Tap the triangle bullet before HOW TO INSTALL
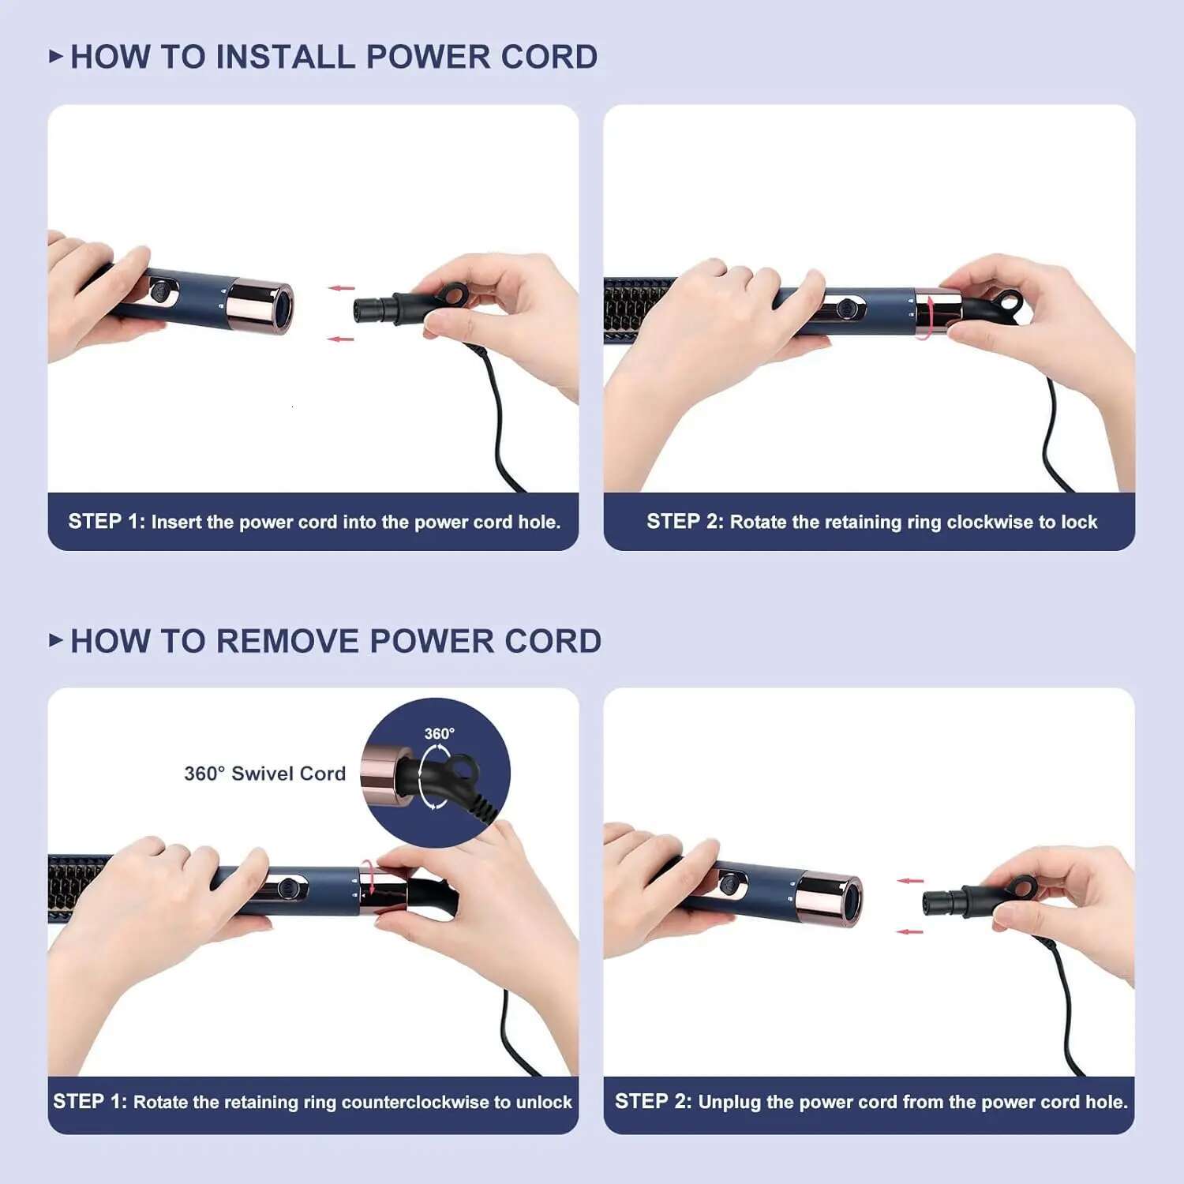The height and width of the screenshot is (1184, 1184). click(55, 56)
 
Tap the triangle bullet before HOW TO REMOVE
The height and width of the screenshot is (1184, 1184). click(55, 640)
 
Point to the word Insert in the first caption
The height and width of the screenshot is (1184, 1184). click(176, 522)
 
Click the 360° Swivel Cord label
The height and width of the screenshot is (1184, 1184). click(264, 774)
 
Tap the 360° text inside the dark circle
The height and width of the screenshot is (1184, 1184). click(439, 733)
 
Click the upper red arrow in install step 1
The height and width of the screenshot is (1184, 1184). click(342, 288)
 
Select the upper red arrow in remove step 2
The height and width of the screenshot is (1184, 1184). click(910, 881)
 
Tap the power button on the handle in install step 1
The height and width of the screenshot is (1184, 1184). click(159, 291)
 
